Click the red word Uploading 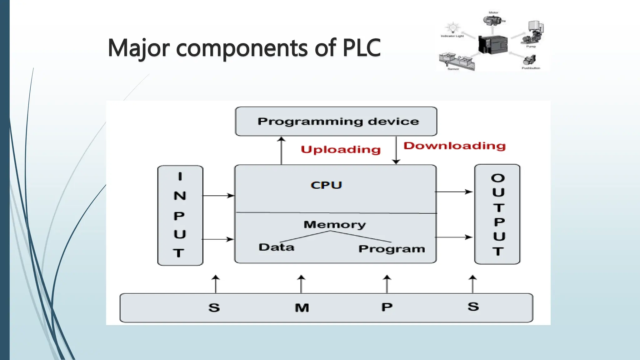coord(341,150)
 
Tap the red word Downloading coord(454,146)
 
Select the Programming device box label coord(338,121)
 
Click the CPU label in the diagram coord(326,185)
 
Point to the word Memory coord(334,224)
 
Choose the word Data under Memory coord(276,247)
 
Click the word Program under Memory coord(392,249)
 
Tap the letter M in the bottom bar coord(302,308)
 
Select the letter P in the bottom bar coord(387,307)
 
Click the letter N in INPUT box coord(180,196)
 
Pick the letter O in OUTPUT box coord(498,178)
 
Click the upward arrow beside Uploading coord(282,150)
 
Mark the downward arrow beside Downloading coord(396,150)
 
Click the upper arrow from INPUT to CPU coord(219,196)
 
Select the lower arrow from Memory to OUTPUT coord(454,237)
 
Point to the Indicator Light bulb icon coord(452,28)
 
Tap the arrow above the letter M coord(301,284)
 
